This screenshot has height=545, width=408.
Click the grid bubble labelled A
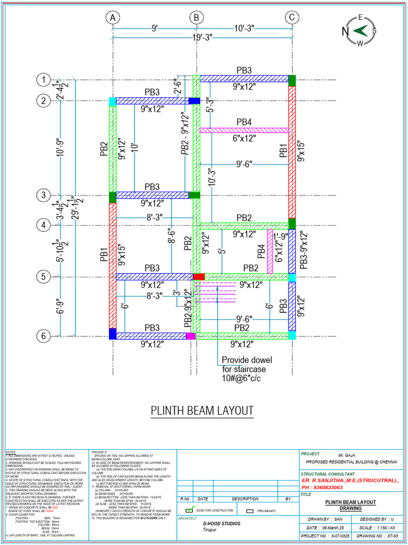tap(113, 18)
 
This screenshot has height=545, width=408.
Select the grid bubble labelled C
tap(292, 18)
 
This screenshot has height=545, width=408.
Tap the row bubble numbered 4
tap(43, 225)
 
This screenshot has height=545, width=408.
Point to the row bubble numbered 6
tap(43, 336)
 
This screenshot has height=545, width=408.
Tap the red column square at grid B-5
tap(198, 277)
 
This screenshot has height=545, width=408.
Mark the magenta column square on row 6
tap(191, 336)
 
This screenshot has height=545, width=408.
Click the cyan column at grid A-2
tap(113, 101)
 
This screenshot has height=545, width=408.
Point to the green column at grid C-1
tap(292, 80)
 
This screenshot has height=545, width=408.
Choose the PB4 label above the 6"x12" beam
tap(244, 122)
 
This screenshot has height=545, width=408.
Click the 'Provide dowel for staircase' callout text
tap(244, 369)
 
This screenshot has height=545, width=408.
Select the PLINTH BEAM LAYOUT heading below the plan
tap(202, 411)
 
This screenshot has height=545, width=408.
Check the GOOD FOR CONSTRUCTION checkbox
tap(185, 509)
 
